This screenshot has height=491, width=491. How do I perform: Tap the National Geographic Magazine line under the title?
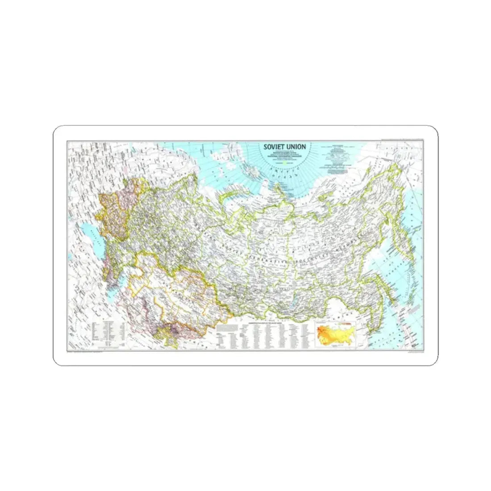286,156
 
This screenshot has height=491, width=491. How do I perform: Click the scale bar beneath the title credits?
286,163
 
